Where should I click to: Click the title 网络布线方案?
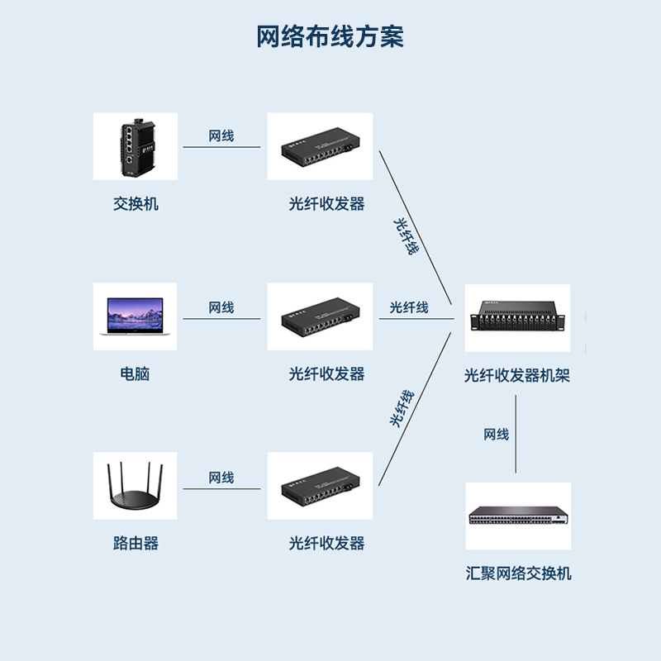coord(330,37)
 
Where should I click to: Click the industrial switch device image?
coord(135,147)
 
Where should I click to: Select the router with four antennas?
coord(135,486)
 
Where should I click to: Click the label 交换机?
coord(136,203)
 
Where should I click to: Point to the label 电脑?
coord(136,373)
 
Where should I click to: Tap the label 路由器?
coord(136,543)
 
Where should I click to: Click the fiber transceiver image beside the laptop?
coord(320,316)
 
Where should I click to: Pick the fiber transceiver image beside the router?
coord(320,486)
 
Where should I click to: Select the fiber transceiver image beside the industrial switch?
coord(320,147)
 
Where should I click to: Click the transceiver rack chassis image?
coord(517,317)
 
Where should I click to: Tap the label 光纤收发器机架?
coord(517,376)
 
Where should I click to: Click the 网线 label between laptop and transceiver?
coord(221,307)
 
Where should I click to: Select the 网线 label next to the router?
coord(221,478)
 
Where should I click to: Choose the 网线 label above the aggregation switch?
coord(497,435)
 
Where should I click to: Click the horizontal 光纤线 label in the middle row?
coord(409,307)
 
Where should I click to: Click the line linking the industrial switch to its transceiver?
coord(221,148)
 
